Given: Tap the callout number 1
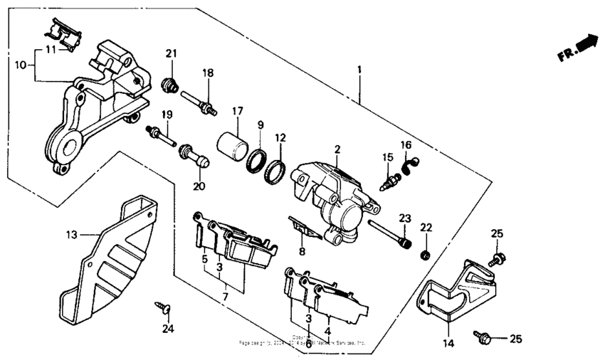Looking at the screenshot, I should point(359,70).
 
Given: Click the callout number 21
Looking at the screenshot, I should point(170,54).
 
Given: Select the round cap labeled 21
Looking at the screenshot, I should point(170,85).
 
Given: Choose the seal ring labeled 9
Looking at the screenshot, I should point(257,160).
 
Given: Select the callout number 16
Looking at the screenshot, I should point(406,145).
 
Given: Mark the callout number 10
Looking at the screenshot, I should point(21,64).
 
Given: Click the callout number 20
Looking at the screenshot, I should point(199,186).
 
